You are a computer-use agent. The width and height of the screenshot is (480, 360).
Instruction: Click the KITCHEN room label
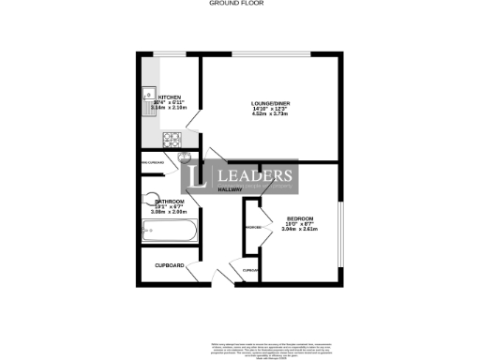(x=170, y=97)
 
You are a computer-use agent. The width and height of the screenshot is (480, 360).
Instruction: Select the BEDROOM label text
(x=300, y=218)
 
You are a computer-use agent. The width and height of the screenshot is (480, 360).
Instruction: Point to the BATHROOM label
(x=170, y=202)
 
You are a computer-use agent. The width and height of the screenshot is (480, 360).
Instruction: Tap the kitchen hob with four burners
(x=172, y=140)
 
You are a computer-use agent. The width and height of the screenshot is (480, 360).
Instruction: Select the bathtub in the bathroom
(x=167, y=230)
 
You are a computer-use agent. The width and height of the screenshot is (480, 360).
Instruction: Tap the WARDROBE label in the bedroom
(x=252, y=228)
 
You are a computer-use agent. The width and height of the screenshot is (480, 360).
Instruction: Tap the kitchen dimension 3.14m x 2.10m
(x=170, y=109)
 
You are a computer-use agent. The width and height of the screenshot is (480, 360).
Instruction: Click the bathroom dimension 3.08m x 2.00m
(x=170, y=213)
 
